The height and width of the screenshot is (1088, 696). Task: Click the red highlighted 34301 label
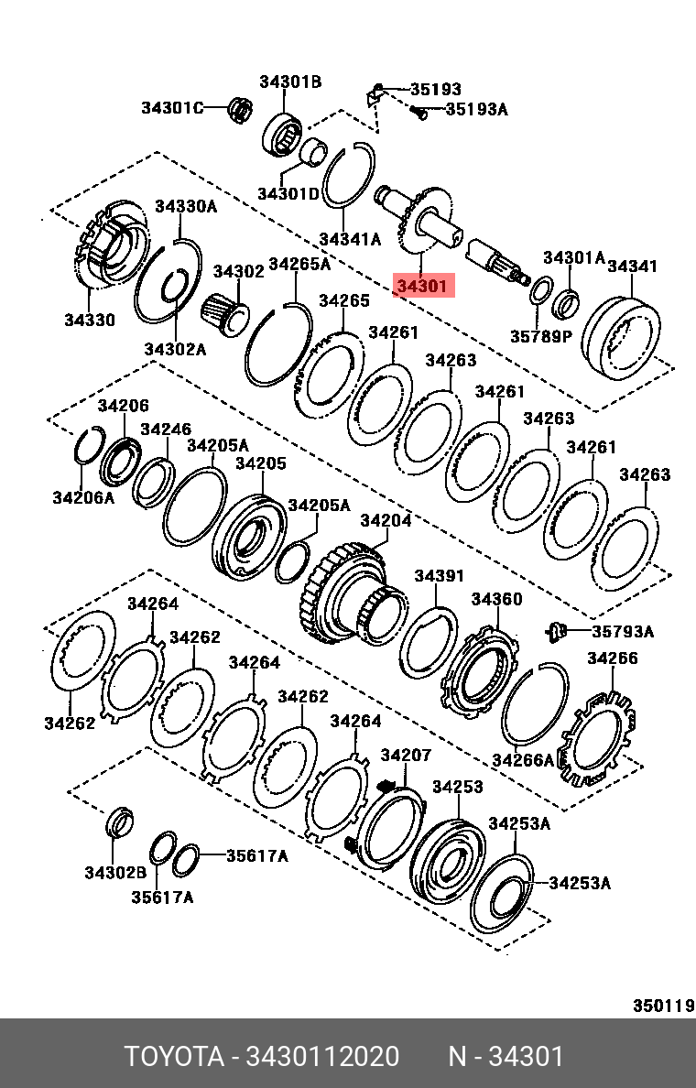[x=422, y=287]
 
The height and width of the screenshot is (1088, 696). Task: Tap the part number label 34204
[x=385, y=521]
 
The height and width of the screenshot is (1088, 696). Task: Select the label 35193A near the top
[x=475, y=110]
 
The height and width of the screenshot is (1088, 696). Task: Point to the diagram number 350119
[x=663, y=1006]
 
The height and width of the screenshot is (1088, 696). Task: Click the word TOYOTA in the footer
[x=174, y=1057]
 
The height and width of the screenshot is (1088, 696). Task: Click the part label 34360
[x=496, y=599]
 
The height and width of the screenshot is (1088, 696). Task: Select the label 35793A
[x=623, y=631]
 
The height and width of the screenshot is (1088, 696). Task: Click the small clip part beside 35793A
[x=556, y=629]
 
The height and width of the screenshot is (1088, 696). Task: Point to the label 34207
[x=405, y=756]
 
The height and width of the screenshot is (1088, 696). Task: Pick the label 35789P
[x=540, y=336]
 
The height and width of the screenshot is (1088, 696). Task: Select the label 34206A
[x=83, y=497]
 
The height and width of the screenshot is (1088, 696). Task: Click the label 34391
[x=439, y=576]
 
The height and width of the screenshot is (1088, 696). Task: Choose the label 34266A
[x=523, y=759]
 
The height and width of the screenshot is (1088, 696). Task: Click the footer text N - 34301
[x=506, y=1057]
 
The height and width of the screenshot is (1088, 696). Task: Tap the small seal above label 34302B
[x=119, y=821]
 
